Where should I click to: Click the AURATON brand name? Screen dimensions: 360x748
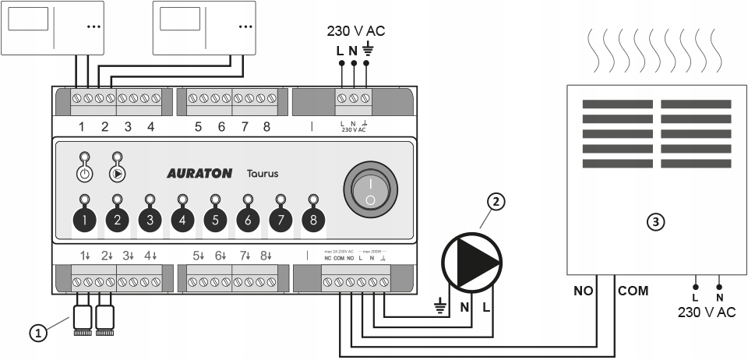[x=199, y=174]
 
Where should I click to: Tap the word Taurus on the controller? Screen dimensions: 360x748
[x=263, y=174]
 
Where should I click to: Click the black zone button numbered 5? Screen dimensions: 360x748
[x=216, y=221]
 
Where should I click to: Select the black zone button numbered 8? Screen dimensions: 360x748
[x=313, y=221]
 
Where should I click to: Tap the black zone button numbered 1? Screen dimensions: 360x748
[x=85, y=221]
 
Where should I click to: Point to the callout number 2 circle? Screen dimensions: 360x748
[x=496, y=201]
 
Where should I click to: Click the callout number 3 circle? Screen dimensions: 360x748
[x=658, y=222]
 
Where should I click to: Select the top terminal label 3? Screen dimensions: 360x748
[x=128, y=126]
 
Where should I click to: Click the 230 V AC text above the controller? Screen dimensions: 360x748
[x=355, y=32]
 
